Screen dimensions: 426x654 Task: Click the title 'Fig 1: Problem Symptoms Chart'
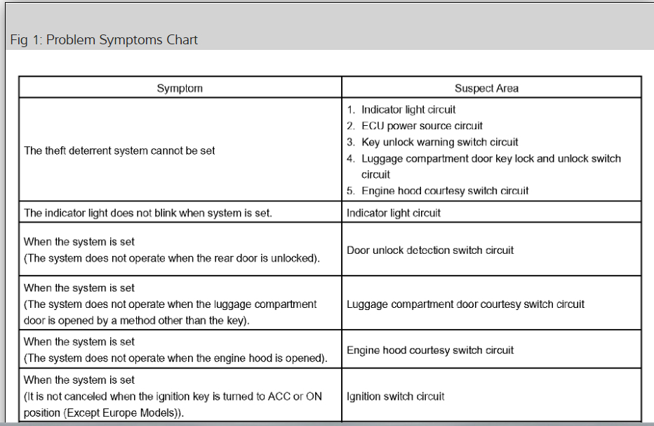[x=104, y=40]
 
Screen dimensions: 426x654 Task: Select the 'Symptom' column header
[x=180, y=88]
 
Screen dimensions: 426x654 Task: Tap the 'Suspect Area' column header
[x=486, y=88]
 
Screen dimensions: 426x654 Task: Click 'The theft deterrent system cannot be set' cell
[x=119, y=150]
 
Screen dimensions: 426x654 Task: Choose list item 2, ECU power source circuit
[x=422, y=126]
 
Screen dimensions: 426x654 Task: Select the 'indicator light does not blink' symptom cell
[x=147, y=212]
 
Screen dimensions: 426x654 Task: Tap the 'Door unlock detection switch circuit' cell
[x=430, y=250]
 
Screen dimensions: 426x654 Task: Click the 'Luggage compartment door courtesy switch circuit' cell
[x=465, y=304]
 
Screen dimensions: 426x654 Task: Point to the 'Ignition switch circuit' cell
[x=395, y=396]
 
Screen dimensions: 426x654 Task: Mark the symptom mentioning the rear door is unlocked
[x=172, y=258]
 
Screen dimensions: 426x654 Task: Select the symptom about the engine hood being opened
[x=175, y=359]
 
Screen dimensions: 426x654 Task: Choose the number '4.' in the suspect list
[x=351, y=159]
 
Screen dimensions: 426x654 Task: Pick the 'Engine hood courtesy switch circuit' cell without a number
[x=430, y=350]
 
